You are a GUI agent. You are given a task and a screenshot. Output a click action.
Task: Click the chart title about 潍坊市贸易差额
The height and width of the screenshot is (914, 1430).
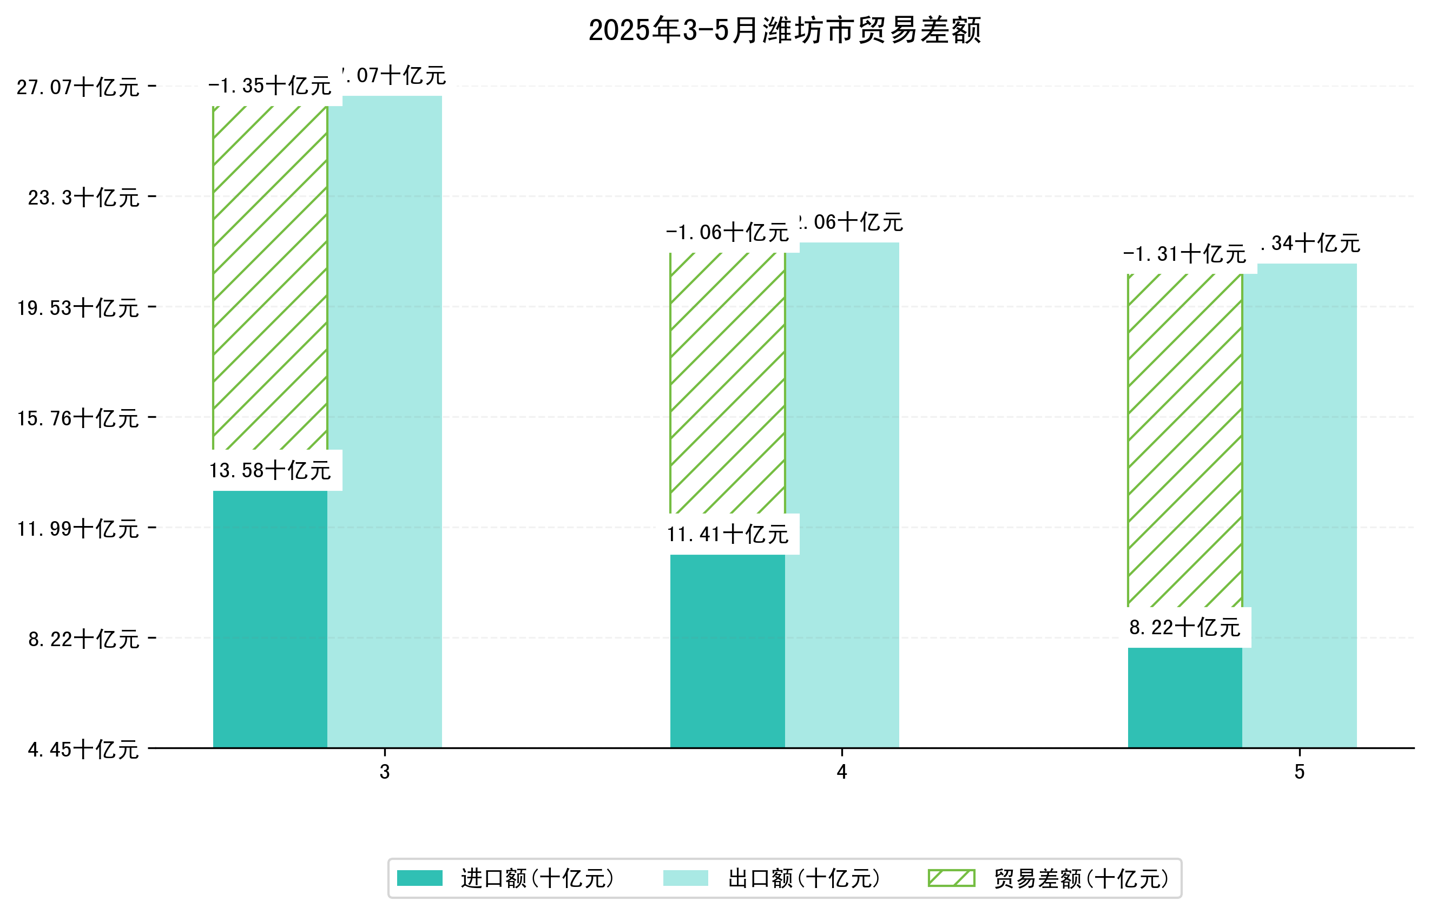tap(784, 30)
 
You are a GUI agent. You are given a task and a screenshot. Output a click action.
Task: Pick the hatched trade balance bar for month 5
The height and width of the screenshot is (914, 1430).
tap(1185, 439)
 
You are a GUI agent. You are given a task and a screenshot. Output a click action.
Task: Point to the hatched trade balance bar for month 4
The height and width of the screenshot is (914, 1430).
tap(728, 383)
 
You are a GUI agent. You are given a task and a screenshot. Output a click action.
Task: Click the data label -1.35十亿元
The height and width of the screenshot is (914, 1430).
tap(270, 86)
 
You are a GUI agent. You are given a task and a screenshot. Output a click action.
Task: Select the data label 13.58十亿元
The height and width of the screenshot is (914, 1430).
tap(270, 470)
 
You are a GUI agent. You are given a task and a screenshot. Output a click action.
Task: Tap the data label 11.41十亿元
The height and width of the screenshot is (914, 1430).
tap(728, 535)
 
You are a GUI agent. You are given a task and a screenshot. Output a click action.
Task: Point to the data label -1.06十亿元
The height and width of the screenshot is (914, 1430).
tap(728, 232)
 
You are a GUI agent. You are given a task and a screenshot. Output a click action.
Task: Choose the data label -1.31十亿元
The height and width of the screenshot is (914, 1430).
tap(1185, 254)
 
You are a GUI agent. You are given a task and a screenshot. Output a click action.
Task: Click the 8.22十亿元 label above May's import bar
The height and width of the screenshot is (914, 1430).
tap(1185, 627)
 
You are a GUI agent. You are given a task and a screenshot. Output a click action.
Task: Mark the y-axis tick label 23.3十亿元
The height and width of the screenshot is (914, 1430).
tap(84, 198)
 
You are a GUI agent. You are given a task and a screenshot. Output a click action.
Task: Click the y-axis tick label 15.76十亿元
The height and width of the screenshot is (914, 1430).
tap(78, 419)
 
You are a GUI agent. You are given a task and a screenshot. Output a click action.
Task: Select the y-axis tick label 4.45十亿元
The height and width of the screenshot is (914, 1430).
tap(84, 749)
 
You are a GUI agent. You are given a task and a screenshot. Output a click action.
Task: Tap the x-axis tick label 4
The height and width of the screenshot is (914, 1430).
tap(841, 772)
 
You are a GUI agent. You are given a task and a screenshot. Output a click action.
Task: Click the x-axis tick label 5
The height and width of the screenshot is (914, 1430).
tap(1300, 772)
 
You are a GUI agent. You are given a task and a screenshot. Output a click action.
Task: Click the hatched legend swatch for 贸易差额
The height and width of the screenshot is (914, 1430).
tap(951, 878)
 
